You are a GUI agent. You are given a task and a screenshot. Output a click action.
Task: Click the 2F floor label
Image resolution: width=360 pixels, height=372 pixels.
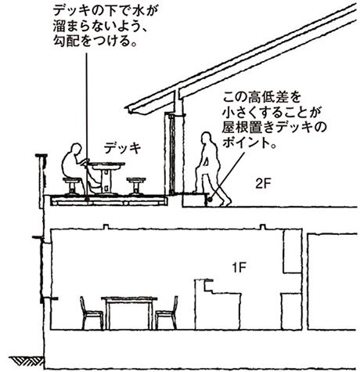click(263, 184)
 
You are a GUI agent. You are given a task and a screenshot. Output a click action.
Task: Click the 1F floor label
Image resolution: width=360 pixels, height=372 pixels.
click(239, 267)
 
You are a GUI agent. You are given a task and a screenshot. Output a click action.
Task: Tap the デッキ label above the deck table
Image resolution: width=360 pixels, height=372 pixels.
click(122, 148)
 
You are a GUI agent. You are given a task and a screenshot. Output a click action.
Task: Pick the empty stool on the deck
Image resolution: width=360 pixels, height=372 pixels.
click(136, 186)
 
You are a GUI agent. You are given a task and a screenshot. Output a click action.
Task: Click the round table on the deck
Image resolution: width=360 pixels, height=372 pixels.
click(107, 178)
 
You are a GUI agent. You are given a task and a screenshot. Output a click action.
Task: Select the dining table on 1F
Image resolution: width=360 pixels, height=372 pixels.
click(129, 312)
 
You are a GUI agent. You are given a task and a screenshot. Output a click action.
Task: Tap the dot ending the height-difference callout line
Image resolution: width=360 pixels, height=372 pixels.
click(211, 200)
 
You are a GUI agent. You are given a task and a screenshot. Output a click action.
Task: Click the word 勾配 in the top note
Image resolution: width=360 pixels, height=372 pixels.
click(64, 42)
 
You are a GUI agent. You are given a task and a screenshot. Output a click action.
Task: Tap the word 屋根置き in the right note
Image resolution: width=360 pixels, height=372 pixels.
click(248, 128)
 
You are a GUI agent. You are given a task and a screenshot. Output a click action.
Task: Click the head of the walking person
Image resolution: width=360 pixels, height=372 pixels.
click(207, 137)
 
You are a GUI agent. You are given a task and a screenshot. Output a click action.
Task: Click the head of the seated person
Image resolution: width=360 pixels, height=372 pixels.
click(77, 149)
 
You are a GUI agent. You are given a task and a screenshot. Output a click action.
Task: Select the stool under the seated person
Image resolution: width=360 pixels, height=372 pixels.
click(71, 186)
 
